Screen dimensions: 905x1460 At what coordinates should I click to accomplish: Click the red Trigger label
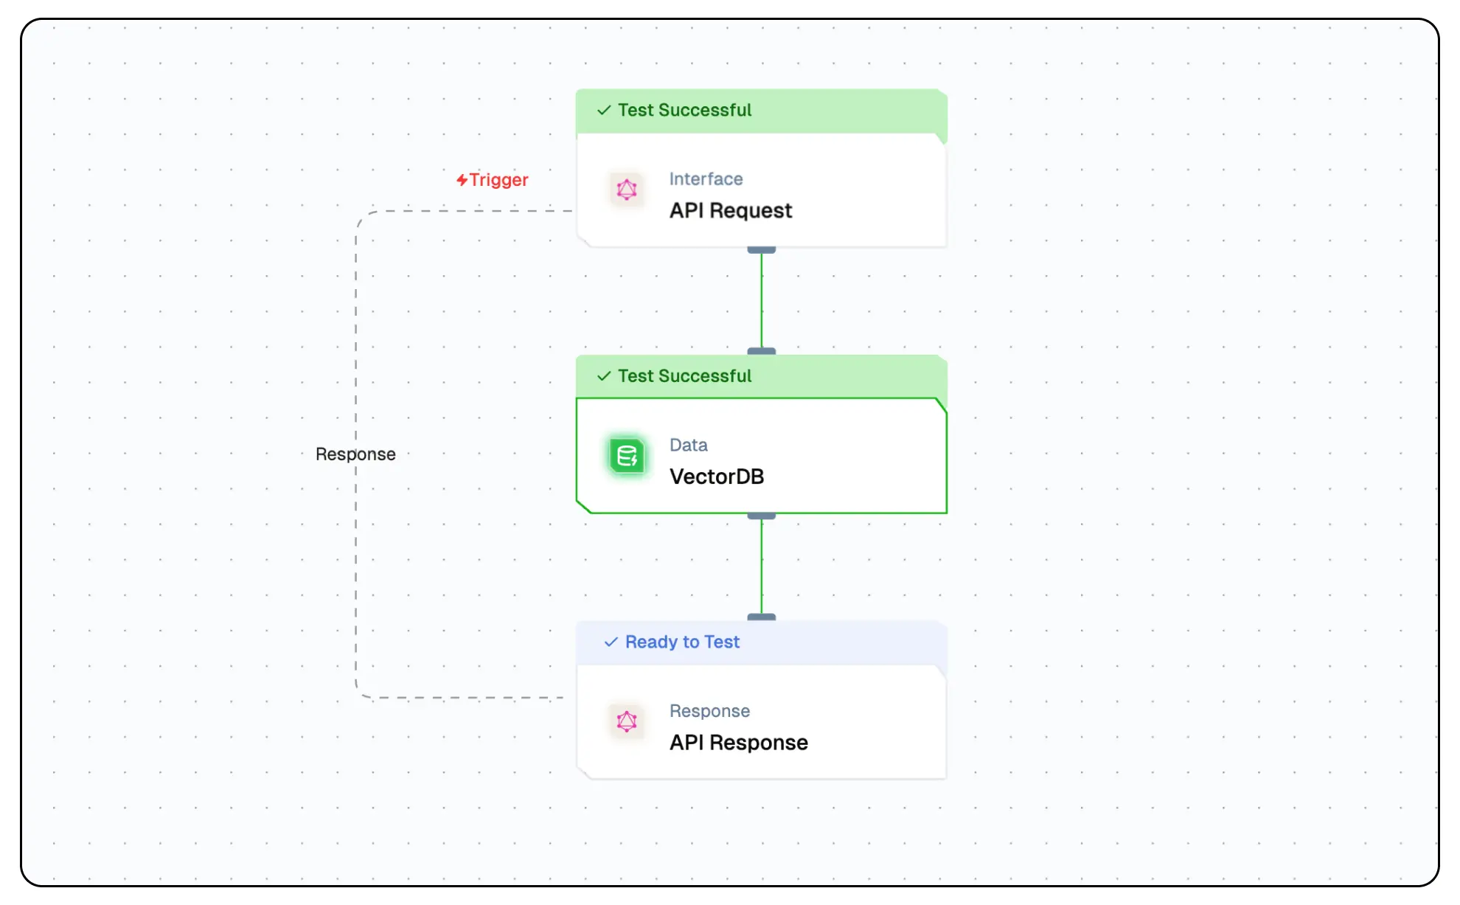[x=498, y=180]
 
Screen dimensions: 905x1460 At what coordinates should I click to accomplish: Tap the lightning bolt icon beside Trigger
[x=462, y=180]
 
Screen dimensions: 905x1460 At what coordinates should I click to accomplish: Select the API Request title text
[x=730, y=211]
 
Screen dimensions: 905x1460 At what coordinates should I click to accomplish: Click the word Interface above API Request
[x=706, y=179]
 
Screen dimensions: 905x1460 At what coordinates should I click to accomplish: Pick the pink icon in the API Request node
[x=627, y=190]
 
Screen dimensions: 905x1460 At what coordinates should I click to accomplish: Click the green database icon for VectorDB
[x=627, y=457]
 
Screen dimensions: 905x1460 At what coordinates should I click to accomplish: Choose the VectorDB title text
[x=716, y=476]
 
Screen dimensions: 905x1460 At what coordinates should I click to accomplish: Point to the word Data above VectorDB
[x=688, y=445]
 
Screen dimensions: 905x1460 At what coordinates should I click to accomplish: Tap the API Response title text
[x=738, y=743]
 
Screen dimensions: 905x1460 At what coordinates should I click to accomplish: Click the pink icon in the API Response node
[x=627, y=721]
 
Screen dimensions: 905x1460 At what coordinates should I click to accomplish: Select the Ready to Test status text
[x=682, y=642]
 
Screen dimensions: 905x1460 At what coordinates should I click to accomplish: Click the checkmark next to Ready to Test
[x=611, y=642]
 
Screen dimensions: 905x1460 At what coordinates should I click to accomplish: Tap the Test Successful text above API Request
[x=684, y=111]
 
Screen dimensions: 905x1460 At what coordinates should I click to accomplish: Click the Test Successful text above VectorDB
[x=684, y=376]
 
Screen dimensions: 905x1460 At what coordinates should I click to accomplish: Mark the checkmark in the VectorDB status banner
[x=604, y=376]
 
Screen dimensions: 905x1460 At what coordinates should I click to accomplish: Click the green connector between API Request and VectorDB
[x=762, y=301]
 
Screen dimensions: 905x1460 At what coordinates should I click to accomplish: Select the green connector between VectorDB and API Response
[x=762, y=566]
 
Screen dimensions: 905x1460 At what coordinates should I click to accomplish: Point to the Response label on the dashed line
[x=355, y=454]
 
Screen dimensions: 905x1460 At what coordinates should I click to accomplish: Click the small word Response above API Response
[x=709, y=711]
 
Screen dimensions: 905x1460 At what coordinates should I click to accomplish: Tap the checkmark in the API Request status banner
[x=604, y=111]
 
